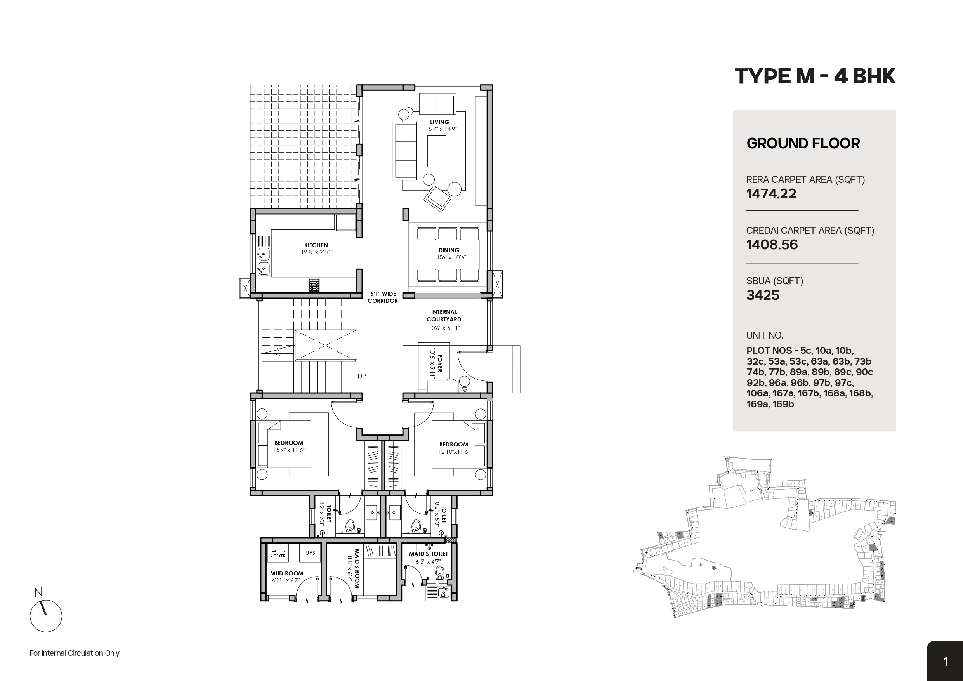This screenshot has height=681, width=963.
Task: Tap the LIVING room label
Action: click(x=439, y=122)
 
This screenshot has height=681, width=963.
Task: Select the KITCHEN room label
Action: click(x=316, y=245)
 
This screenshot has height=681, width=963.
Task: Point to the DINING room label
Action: click(x=449, y=250)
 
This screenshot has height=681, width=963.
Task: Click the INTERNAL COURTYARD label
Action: click(x=444, y=316)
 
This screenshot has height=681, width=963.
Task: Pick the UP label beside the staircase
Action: click(x=361, y=376)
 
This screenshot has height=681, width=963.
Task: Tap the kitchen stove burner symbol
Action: click(x=314, y=285)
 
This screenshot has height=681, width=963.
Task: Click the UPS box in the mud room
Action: click(x=310, y=552)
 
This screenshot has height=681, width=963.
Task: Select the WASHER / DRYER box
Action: click(x=278, y=553)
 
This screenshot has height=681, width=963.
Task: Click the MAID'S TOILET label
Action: click(x=429, y=554)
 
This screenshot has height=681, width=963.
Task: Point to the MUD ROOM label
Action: click(x=286, y=573)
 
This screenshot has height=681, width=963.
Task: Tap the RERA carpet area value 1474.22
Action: click(x=771, y=194)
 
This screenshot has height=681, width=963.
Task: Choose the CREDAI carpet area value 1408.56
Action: click(x=772, y=245)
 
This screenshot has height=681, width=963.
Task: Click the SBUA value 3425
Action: click(x=762, y=295)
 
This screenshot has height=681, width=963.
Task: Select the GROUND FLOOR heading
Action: click(x=803, y=144)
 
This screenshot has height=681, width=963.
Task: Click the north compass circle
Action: click(x=46, y=616)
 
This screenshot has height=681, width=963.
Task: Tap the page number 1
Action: click(x=946, y=662)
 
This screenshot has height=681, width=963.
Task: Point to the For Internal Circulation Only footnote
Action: click(x=75, y=653)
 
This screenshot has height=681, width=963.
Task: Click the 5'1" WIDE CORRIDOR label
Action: click(x=382, y=297)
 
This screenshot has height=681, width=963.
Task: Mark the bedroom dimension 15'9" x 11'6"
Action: click(x=289, y=450)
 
